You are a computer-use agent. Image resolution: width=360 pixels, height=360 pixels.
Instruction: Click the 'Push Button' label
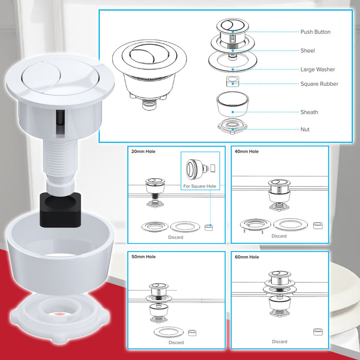pos(315,32)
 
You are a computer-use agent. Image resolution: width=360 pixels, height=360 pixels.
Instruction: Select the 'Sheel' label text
pos(308,51)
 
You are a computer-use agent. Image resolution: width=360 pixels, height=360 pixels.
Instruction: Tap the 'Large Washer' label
pos(317,69)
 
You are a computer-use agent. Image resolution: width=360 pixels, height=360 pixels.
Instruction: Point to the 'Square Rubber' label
pos(319,84)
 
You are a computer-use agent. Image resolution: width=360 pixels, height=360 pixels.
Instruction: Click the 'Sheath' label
pos(309,112)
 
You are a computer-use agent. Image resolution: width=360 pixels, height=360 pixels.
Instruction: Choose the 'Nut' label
pos(305,130)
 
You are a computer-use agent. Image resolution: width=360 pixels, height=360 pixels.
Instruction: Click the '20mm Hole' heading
pos(143,152)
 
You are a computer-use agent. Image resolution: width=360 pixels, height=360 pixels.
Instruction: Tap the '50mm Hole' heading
pos(143,257)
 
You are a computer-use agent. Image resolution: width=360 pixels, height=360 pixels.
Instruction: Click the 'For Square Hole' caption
pos(200,186)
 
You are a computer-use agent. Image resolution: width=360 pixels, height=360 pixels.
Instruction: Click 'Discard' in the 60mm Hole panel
pos(279,341)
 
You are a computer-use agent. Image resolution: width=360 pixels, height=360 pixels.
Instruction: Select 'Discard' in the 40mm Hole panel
pos(279,236)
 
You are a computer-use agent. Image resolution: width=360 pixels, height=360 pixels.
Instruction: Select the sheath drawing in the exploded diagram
pos(232,105)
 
